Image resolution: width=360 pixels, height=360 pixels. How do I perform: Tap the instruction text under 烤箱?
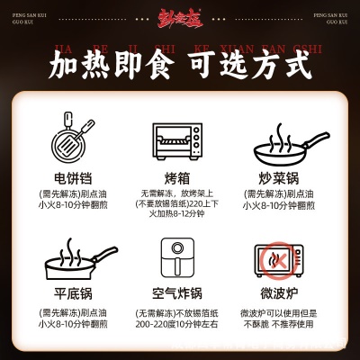pyautogui.click(x=177, y=204)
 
